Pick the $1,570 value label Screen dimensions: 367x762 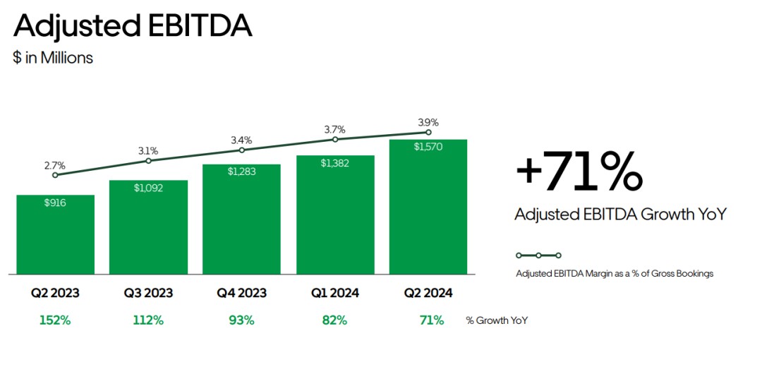[428, 147]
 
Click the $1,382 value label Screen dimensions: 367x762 [334, 163]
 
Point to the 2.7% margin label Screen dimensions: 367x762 [55, 165]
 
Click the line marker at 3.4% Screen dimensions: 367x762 [241, 150]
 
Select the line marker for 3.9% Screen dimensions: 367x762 [428, 132]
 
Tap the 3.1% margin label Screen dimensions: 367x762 [148, 150]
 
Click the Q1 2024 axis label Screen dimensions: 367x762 [334, 293]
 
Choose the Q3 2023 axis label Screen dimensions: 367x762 [148, 293]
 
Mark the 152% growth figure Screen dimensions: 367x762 [55, 320]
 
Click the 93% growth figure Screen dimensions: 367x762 [241, 320]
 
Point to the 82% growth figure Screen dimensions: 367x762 [334, 320]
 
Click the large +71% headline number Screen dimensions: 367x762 [579, 172]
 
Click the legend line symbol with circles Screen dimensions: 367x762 [538, 255]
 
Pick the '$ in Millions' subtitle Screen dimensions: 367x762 [53, 58]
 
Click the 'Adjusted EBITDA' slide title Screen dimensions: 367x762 [133, 26]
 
